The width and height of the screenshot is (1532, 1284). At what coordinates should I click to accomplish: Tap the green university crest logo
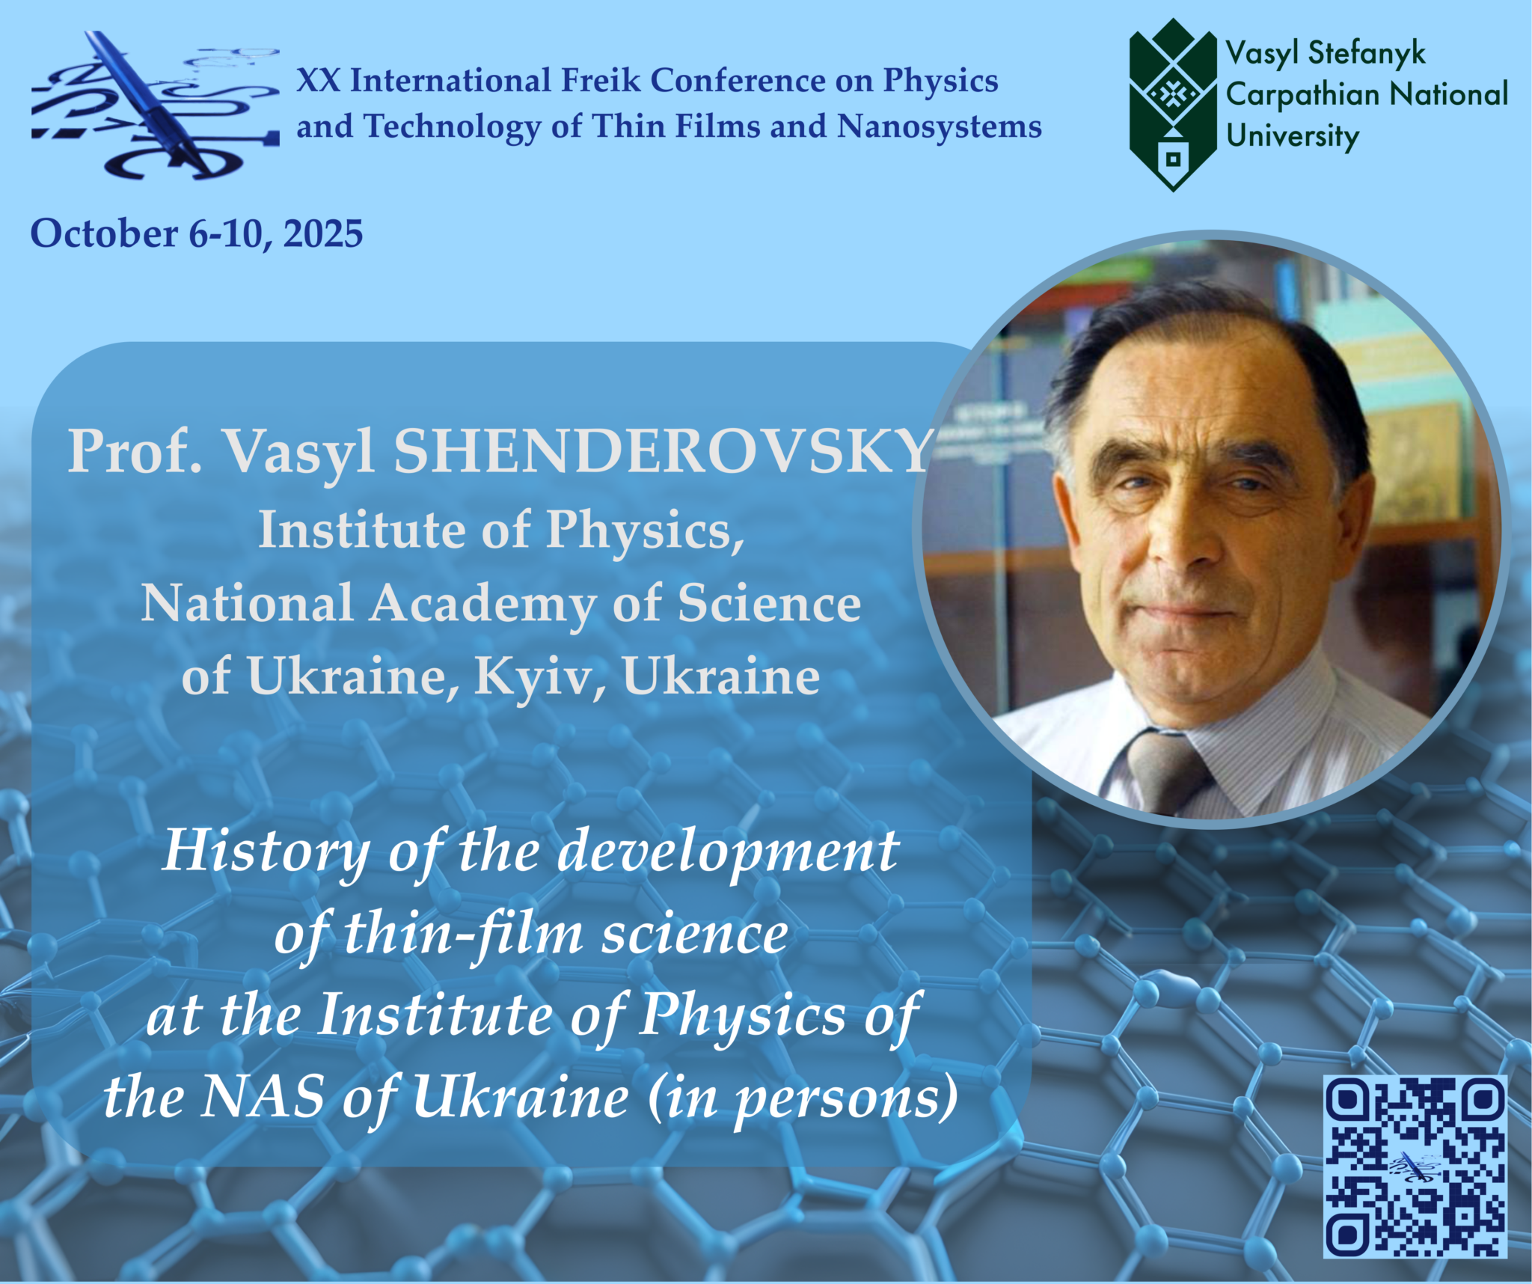click(x=1173, y=105)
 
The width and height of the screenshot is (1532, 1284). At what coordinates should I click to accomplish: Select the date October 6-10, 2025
click(x=197, y=233)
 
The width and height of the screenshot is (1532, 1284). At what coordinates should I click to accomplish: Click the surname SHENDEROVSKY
click(x=663, y=451)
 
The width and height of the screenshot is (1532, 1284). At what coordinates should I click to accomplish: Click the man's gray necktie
click(x=1163, y=771)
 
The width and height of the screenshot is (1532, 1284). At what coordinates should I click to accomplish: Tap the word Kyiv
click(x=540, y=677)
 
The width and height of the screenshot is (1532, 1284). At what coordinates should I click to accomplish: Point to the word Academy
click(x=482, y=604)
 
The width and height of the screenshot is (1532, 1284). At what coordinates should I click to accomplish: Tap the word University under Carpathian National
click(x=1292, y=137)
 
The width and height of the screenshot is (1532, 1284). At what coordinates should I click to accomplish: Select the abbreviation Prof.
click(x=135, y=451)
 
